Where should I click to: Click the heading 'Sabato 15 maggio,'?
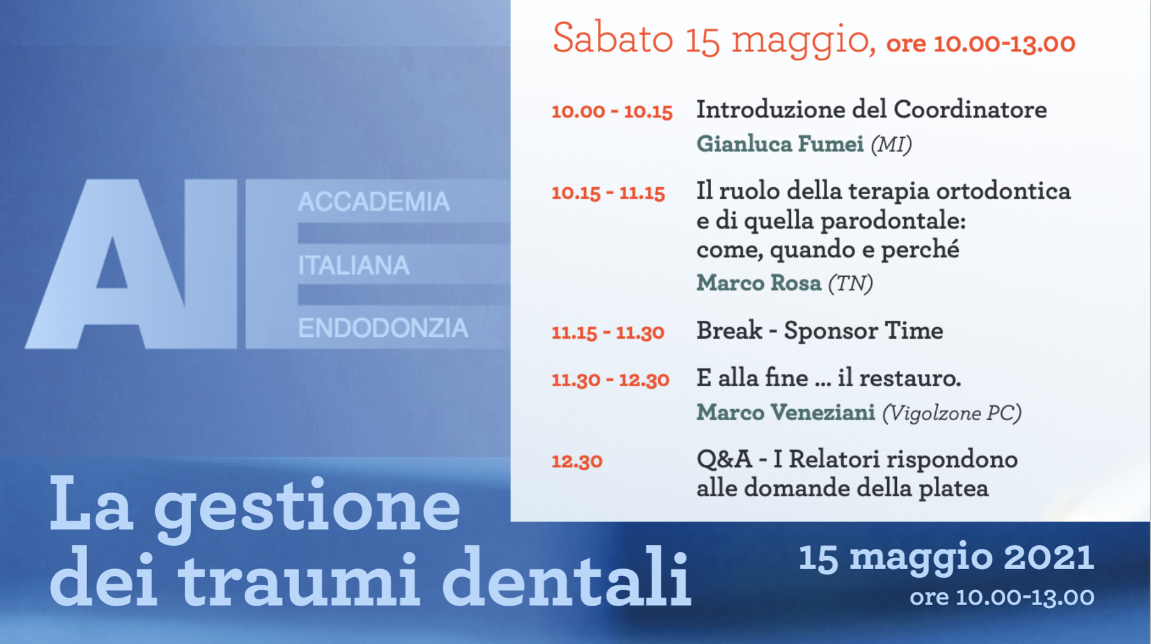(x=714, y=39)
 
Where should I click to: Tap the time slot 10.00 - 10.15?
(x=612, y=111)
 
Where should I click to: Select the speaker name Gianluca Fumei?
(x=779, y=144)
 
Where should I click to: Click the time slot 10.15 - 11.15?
(x=608, y=193)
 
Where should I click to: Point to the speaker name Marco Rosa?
(x=758, y=283)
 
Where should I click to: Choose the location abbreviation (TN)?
(x=851, y=284)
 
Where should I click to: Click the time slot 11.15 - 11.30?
(x=608, y=333)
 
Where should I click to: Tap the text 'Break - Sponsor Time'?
(x=820, y=331)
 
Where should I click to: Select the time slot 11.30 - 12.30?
(x=610, y=379)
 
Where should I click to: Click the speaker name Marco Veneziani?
(x=786, y=412)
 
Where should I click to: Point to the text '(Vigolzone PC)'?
(x=952, y=413)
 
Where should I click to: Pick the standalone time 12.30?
(x=577, y=461)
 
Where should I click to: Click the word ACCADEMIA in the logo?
(x=373, y=202)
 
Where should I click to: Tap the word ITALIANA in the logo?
(x=354, y=266)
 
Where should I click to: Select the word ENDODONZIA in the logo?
(x=383, y=328)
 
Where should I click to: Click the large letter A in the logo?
(x=106, y=264)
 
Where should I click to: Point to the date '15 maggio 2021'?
(x=946, y=557)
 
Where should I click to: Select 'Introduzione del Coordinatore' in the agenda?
(x=872, y=110)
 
